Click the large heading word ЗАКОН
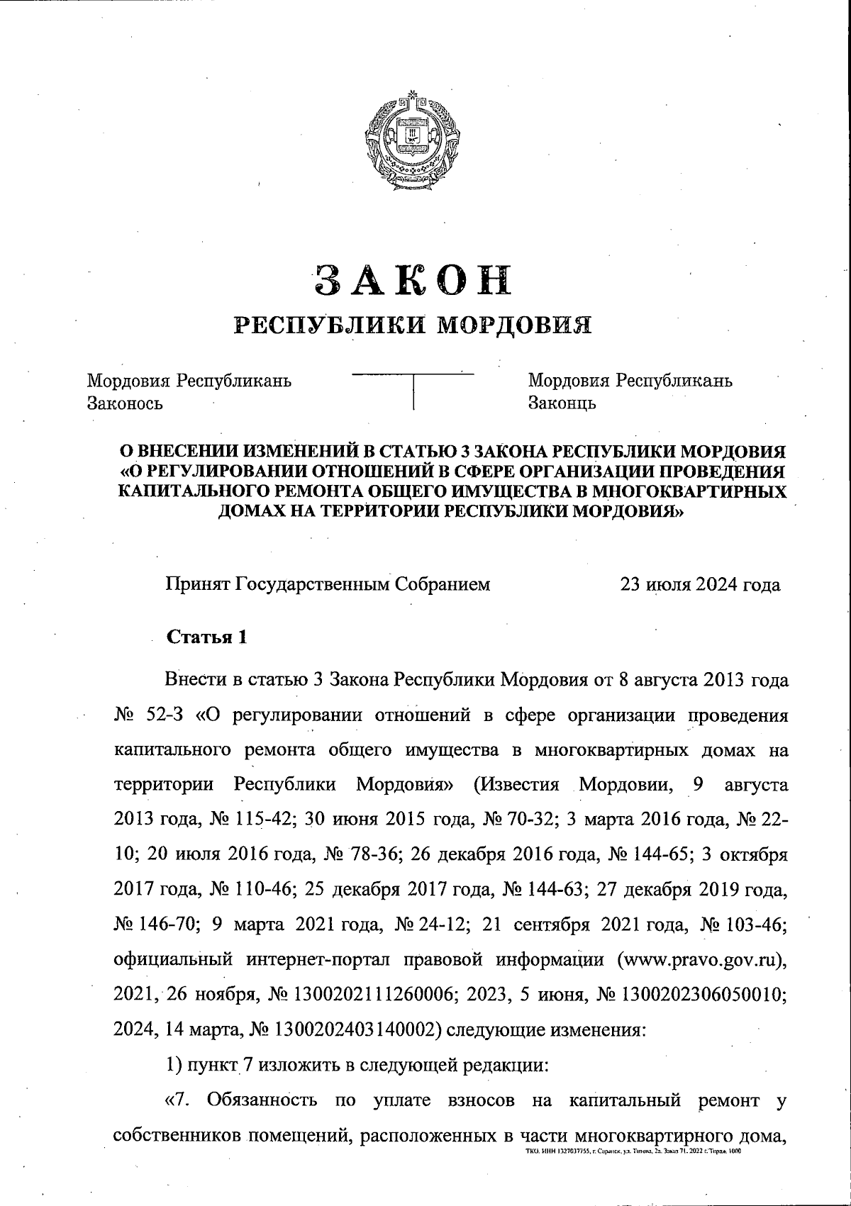[413, 279]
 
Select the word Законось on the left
[125, 403]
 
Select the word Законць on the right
[562, 403]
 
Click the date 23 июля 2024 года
[700, 584]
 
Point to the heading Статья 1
[206, 637]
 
